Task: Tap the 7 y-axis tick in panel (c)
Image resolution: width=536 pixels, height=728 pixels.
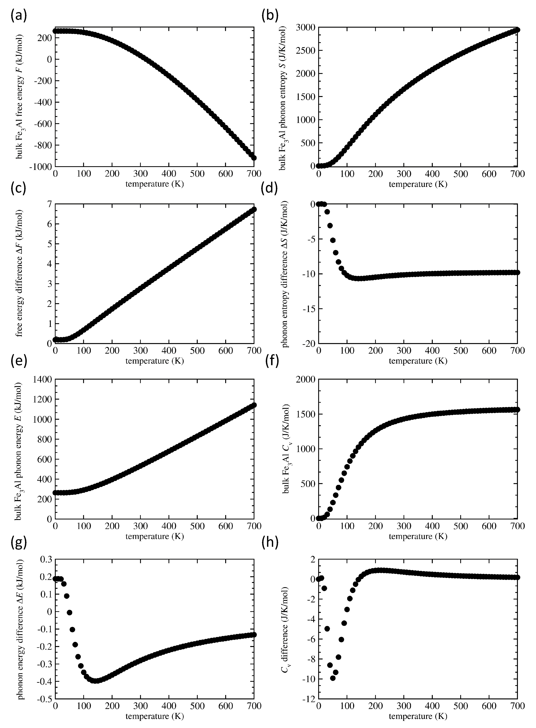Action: (x=49, y=204)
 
